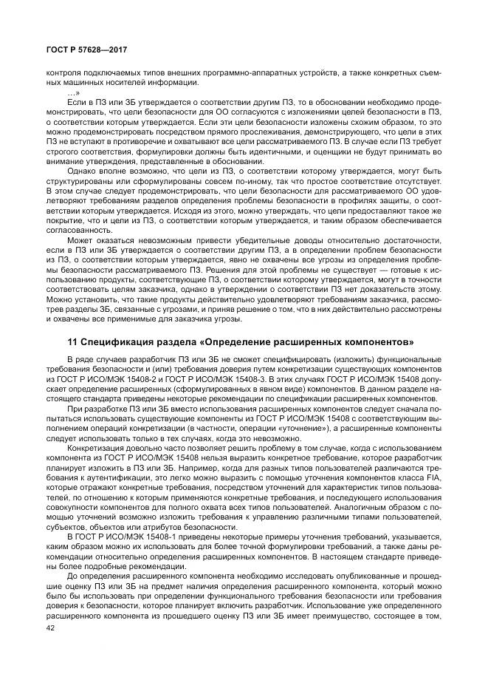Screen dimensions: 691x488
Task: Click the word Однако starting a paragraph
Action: pyautogui.click(x=84, y=171)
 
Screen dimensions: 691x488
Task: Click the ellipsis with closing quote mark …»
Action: pyautogui.click(x=73, y=92)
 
